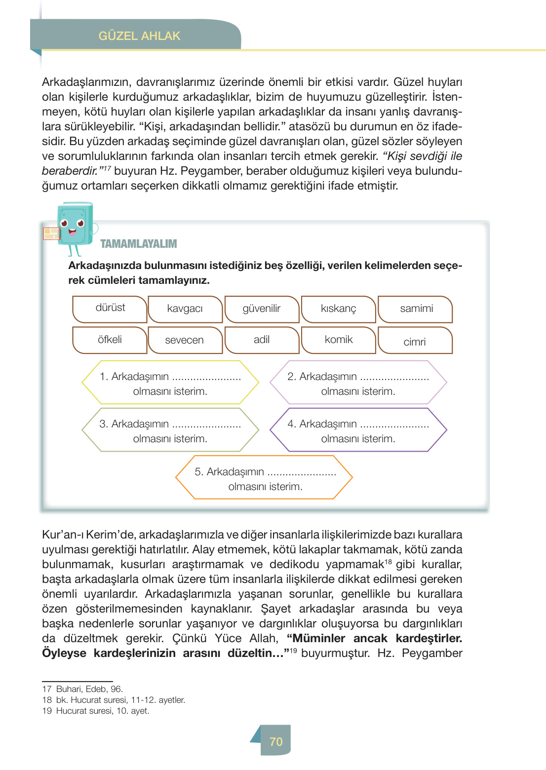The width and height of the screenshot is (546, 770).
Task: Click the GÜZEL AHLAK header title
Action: pos(139,36)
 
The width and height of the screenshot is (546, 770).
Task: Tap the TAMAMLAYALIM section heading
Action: pos(138,244)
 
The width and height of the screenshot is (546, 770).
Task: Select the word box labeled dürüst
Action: pos(110,308)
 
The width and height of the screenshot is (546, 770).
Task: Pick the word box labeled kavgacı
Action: pos(185,309)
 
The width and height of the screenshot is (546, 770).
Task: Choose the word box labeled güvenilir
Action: pos(262,309)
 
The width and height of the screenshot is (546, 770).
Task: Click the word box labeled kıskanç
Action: pos(338,309)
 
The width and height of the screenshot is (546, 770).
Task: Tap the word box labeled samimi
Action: pos(416,309)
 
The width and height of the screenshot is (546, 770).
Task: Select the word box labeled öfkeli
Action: pos(110,340)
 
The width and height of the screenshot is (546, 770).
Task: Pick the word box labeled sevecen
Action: pos(185,340)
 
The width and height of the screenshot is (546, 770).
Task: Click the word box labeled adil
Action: pos(262,340)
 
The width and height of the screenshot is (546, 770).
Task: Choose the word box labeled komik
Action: pos(338,340)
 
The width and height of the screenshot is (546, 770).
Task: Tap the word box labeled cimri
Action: pos(415,341)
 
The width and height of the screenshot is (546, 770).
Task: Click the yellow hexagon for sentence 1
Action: pos(170,383)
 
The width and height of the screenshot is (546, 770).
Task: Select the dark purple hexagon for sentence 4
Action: pos(358,430)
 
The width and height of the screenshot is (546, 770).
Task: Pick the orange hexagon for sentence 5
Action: pos(264,478)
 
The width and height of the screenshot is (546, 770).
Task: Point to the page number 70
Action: pos(275,741)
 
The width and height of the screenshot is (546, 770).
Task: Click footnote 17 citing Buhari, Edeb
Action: pos(82,689)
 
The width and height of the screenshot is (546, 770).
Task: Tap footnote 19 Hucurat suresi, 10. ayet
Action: pos(96,711)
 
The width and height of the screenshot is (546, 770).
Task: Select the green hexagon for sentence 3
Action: pos(170,430)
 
